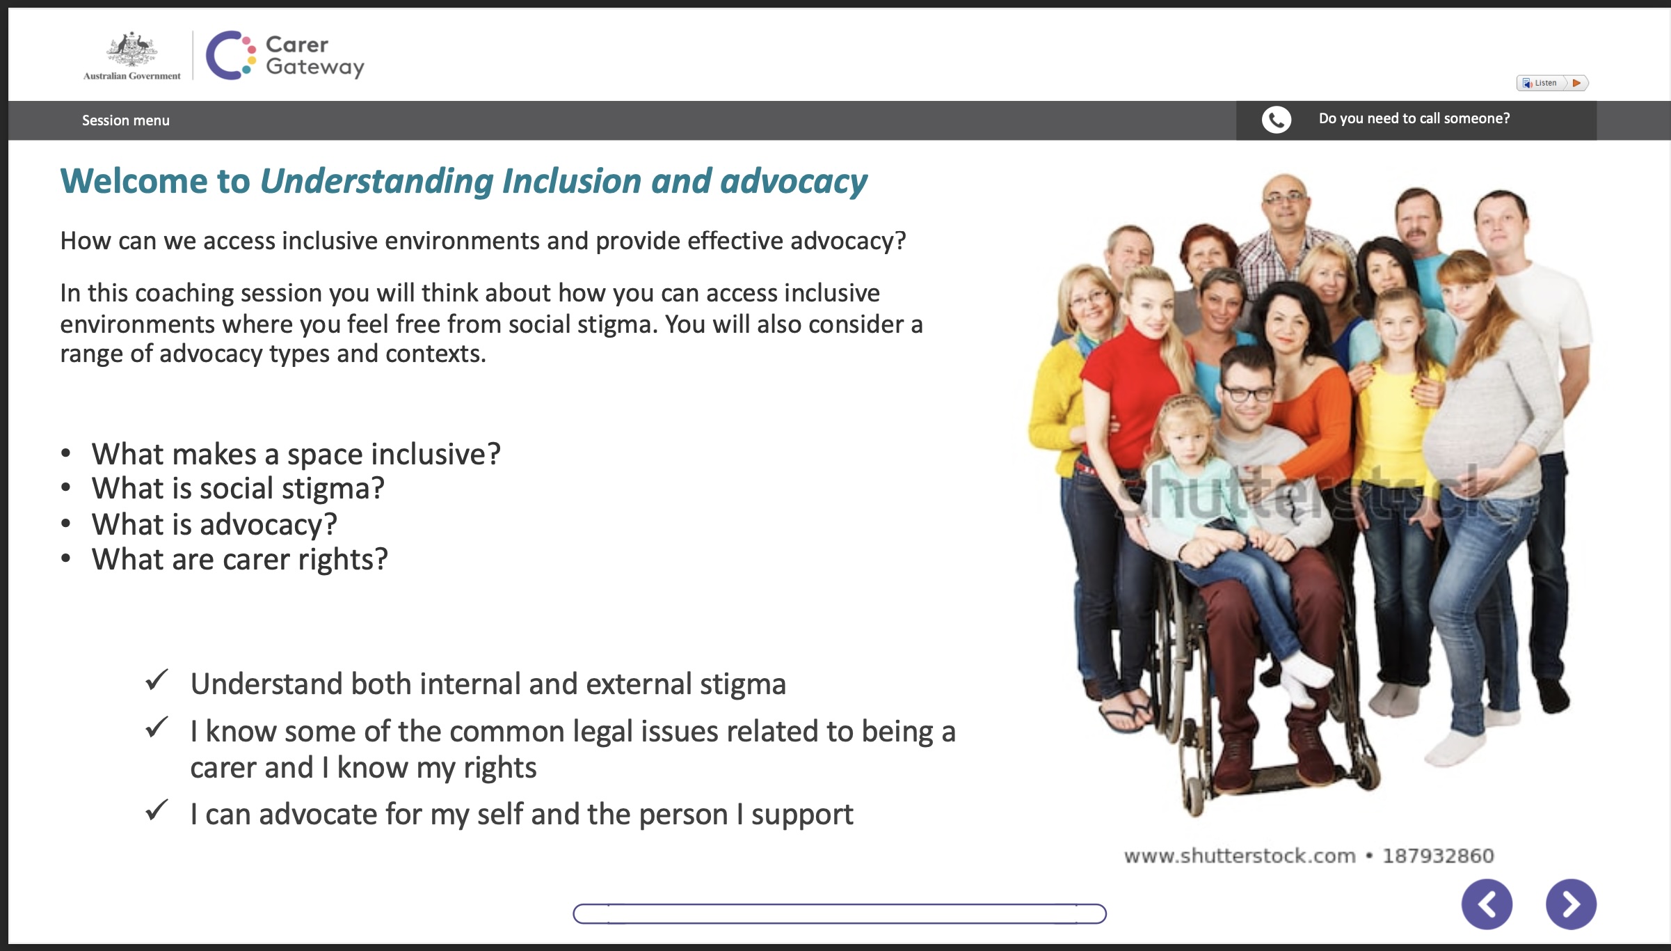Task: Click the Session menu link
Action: tap(126, 120)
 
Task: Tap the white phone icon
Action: tap(1277, 120)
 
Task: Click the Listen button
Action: tap(1552, 83)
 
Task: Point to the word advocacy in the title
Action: tap(794, 182)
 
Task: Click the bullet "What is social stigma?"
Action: tap(238, 489)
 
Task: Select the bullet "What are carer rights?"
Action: tap(240, 560)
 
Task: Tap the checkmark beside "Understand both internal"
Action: tap(157, 679)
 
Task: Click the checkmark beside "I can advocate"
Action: tap(157, 810)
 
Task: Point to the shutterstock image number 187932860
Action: tap(1438, 856)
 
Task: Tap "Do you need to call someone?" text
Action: tap(1414, 119)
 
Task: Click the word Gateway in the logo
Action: tap(315, 68)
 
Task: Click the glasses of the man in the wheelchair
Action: tap(1248, 393)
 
